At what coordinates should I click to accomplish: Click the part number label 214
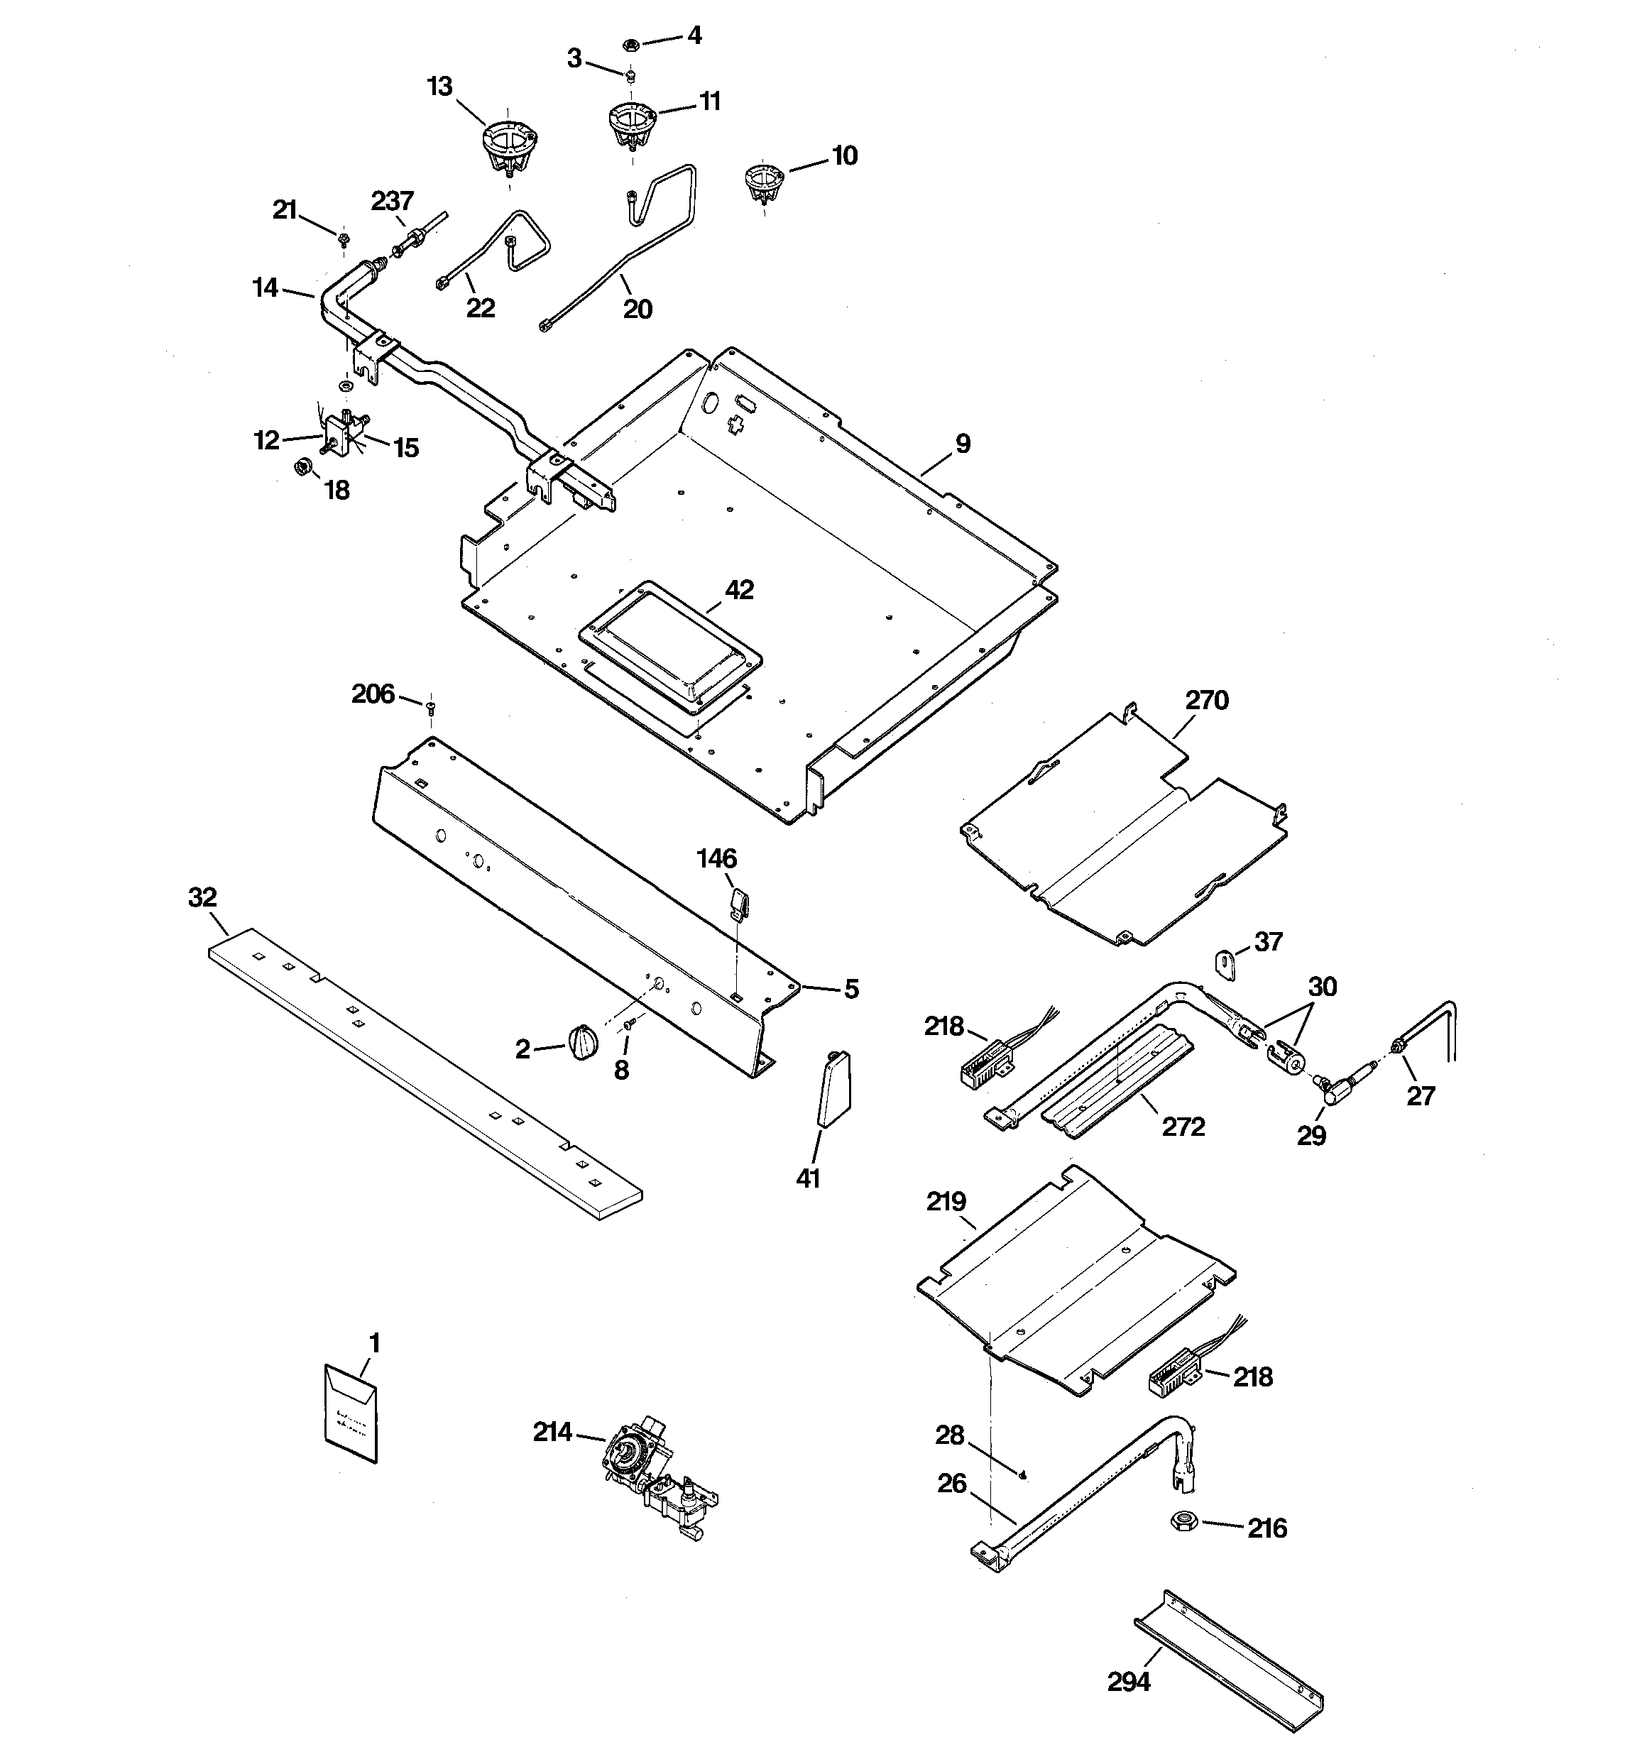(552, 1432)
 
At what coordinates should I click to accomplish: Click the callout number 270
(1206, 701)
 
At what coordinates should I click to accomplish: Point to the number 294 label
(1129, 1682)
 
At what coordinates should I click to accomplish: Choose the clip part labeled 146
(739, 903)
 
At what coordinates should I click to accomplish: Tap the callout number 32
(202, 898)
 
